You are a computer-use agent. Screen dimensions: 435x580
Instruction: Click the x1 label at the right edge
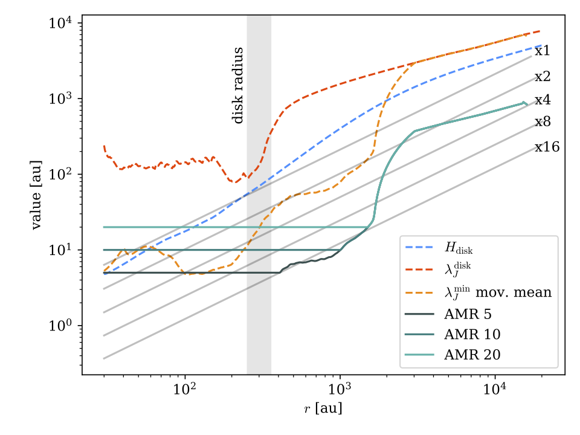[x=542, y=51]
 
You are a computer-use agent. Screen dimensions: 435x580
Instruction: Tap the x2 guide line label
[x=542, y=77]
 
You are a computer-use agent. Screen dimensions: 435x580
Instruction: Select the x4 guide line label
[x=542, y=100]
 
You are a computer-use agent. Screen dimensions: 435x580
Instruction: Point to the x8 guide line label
[x=542, y=122]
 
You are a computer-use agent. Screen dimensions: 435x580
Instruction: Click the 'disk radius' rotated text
[x=238, y=86]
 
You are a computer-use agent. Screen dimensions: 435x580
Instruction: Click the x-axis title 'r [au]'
[x=323, y=410]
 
